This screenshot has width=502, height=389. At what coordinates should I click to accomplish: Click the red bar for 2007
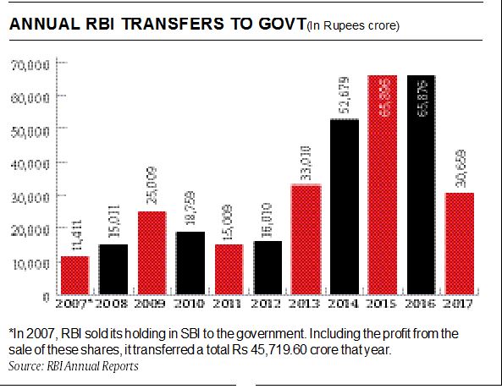pos(74,276)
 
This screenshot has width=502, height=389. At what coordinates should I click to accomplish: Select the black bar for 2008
pos(113,270)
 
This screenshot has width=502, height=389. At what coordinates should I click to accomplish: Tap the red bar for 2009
pos(152,253)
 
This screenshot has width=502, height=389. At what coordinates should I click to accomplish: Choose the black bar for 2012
pos(268,268)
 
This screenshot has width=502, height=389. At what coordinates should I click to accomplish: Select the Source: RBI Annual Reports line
pos(73,366)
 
